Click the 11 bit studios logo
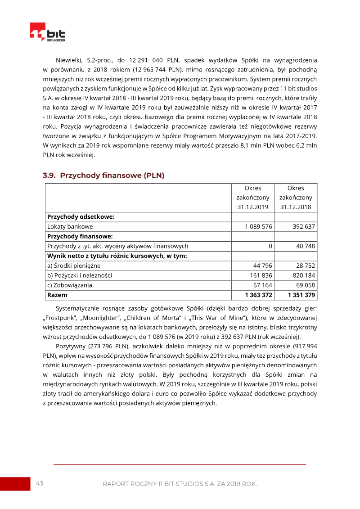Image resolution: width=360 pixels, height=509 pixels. [x=47, y=32]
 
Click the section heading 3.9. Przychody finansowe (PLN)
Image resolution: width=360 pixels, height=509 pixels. [x=103, y=176]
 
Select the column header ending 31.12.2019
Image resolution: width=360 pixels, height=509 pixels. [x=252, y=197]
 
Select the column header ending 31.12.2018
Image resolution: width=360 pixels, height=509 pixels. [x=296, y=197]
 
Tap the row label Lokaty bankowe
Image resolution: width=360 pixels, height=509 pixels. [x=70, y=226]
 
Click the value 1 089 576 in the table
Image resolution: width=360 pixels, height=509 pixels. [x=258, y=226]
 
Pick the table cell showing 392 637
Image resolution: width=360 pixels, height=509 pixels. [x=304, y=226]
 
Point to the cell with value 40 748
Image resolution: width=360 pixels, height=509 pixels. [x=306, y=246]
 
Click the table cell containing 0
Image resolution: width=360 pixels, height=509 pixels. [x=270, y=246]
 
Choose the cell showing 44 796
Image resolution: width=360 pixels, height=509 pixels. [x=262, y=266]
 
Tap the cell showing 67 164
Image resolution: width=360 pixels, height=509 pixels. [x=262, y=285]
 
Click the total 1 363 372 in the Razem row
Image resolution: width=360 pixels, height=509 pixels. [x=258, y=295]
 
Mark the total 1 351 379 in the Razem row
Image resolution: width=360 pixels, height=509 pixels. [x=301, y=295]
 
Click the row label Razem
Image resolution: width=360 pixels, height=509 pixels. [x=57, y=295]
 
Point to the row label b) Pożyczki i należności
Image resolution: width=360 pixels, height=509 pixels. [x=80, y=275]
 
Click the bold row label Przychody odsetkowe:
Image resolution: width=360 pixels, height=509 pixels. [x=81, y=216]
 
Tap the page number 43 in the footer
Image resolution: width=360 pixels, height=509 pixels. [x=39, y=483]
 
